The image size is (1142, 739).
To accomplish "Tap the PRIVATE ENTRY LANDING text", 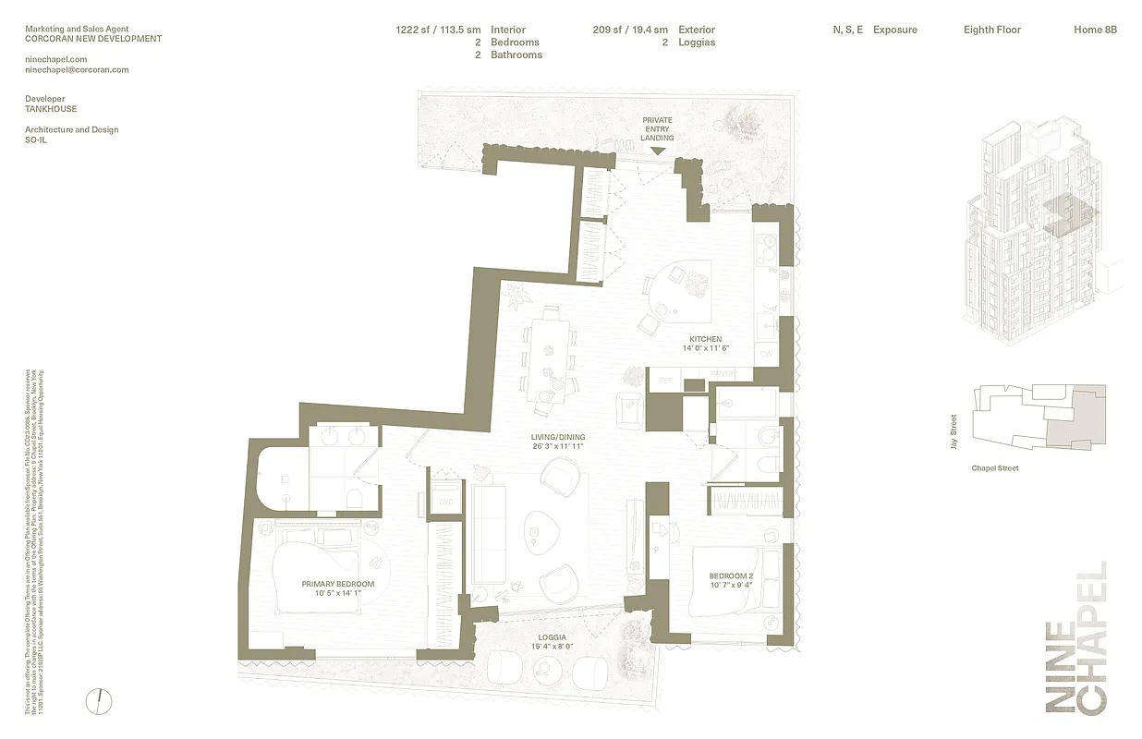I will (658, 129).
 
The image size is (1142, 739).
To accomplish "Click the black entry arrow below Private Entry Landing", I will (658, 150).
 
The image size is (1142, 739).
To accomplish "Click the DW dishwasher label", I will (765, 354).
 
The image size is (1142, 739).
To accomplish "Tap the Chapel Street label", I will (995, 468).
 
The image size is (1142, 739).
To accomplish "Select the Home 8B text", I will (1095, 30).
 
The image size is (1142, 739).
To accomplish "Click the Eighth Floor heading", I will (991, 30).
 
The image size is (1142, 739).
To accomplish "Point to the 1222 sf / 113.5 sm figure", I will (438, 30).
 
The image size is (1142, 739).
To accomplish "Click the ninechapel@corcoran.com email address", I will (77, 69).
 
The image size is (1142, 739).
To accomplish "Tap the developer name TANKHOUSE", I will (51, 109).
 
